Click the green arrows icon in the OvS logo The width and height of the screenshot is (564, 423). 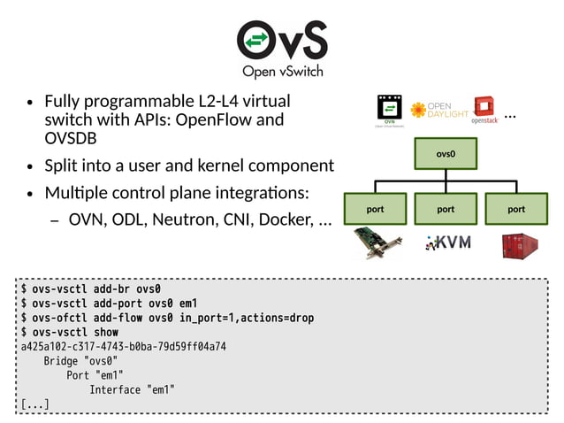click(255, 41)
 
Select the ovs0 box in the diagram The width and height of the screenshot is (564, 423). click(446, 153)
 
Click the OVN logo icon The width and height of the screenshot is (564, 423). click(387, 112)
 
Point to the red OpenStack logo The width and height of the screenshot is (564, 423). click(484, 110)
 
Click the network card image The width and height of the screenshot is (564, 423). click(377, 243)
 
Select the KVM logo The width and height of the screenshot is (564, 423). click(447, 242)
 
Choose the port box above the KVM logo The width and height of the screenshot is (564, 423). click(446, 210)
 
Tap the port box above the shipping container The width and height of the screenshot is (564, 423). click(516, 210)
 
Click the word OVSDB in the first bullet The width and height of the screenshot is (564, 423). click(70, 139)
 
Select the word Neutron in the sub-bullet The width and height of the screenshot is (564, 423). click(184, 219)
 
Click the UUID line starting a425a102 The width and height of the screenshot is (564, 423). click(123, 346)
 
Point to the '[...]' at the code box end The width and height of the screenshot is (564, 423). click(34, 404)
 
